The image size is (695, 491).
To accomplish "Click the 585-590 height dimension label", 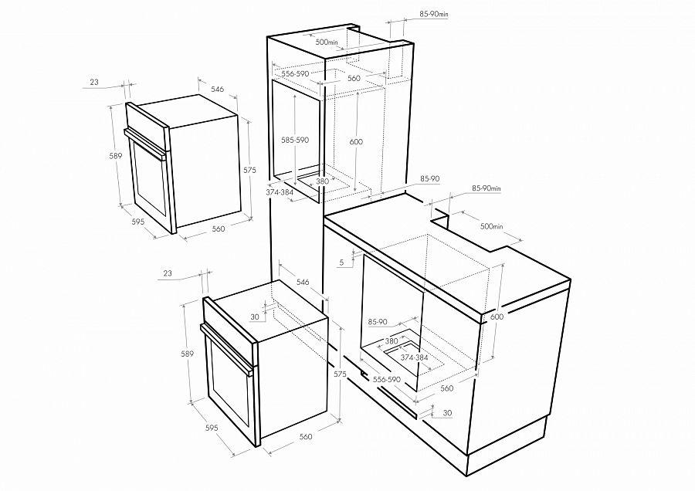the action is [x=295, y=140].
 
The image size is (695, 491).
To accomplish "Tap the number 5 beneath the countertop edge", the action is [x=342, y=262].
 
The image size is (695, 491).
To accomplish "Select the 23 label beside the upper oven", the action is [x=94, y=82].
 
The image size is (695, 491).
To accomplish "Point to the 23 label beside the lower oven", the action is [x=168, y=273].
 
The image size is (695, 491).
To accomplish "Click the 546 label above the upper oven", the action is [x=217, y=89].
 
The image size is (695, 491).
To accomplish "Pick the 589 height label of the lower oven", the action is [x=187, y=354].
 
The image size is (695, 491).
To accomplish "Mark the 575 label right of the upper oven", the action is [x=250, y=170].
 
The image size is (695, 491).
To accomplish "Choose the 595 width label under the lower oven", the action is [x=212, y=428].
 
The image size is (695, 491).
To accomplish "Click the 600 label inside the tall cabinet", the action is [x=356, y=142].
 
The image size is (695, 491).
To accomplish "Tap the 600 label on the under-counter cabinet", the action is [x=497, y=317].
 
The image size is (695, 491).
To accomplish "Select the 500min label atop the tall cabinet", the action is [x=327, y=42].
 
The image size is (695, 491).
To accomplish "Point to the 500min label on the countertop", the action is [x=492, y=226].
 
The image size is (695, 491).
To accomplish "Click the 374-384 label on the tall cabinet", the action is [x=280, y=192].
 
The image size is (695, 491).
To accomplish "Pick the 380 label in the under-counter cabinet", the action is [x=392, y=341].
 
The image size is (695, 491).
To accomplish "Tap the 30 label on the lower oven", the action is [x=254, y=317].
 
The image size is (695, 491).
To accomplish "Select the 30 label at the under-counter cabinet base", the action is [x=448, y=413].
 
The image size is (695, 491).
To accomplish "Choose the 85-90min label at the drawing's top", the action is [x=434, y=14].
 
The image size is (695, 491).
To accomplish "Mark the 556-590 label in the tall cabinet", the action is [x=295, y=73].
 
